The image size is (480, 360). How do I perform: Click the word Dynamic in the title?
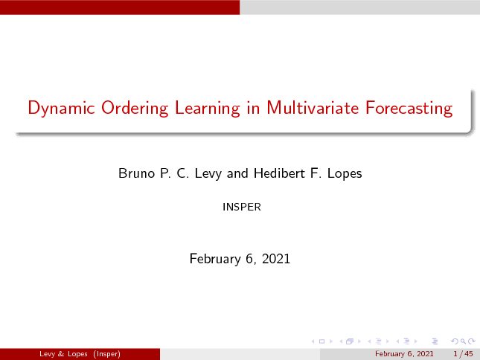[61, 109]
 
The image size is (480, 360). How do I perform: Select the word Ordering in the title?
[135, 109]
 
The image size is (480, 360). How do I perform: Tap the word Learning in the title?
[208, 109]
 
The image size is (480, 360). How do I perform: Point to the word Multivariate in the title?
[313, 108]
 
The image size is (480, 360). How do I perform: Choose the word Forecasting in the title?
[409, 109]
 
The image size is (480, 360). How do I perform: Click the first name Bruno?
[136, 173]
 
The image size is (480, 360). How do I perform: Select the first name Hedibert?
[279, 173]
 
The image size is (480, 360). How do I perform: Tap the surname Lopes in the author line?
[345, 174]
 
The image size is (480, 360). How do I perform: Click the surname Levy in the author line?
[208, 174]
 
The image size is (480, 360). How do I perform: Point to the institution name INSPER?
[242, 207]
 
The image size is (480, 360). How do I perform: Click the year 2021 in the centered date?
[276, 259]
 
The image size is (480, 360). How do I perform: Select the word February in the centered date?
[215, 259]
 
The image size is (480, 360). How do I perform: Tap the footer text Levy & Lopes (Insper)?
[80, 354]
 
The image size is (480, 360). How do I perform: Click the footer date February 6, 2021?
[404, 354]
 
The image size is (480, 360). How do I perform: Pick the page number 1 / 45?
[463, 354]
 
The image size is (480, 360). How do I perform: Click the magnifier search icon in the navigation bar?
[463, 341]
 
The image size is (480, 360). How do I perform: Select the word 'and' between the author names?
[237, 173]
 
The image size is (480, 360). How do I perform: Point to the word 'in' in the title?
[254, 108]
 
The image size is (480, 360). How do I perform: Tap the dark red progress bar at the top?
[120, 7]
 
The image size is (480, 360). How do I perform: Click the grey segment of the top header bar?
[359, 7]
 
